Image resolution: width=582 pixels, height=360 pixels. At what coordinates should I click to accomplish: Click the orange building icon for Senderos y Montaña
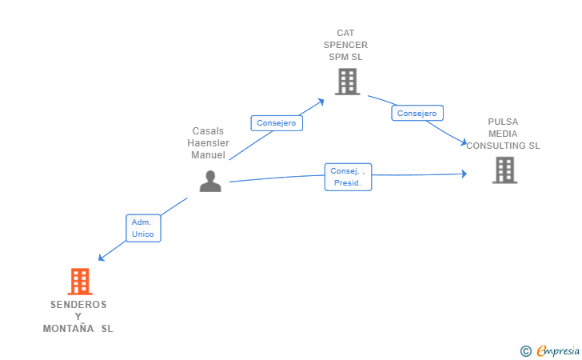tap(80, 282)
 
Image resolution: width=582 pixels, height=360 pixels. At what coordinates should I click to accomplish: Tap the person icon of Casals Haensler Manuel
tap(210, 181)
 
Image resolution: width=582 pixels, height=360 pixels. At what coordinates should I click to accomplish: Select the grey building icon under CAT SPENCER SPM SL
tap(348, 82)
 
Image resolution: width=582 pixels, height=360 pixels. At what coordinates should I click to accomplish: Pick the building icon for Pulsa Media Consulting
tap(504, 170)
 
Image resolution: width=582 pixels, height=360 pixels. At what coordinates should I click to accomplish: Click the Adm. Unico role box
tap(143, 228)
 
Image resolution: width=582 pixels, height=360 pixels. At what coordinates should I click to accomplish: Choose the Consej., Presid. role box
tap(349, 177)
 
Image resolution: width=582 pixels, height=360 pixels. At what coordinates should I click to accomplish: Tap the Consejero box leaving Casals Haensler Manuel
tap(277, 123)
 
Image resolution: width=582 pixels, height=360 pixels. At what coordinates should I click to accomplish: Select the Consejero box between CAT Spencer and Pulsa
tap(417, 113)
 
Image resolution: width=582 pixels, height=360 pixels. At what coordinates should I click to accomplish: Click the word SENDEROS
tap(78, 305)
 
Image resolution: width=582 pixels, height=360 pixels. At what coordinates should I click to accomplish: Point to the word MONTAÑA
tap(68, 329)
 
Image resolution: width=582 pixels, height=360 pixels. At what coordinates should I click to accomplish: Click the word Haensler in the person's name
tap(208, 143)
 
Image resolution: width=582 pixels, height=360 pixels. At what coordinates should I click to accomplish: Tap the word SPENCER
tap(345, 45)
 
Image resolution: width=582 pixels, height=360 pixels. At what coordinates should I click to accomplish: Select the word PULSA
tap(503, 122)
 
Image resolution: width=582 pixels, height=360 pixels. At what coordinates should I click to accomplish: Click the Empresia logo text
tap(558, 350)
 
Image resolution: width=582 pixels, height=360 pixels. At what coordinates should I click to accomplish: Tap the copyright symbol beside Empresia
tap(525, 351)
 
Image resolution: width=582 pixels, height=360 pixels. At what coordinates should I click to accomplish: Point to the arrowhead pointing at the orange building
tap(101, 258)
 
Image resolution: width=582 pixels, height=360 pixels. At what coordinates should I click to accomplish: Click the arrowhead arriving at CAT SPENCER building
tap(321, 102)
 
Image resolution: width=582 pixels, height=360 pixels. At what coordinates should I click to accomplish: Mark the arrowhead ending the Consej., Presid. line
tap(464, 174)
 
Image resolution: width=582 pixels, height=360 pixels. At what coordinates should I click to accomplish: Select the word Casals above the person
tap(208, 131)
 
